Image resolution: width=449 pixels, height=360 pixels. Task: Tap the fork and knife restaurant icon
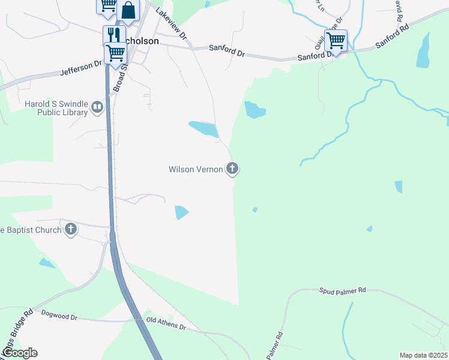112,35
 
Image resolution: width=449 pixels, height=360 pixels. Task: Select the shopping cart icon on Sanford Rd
336,40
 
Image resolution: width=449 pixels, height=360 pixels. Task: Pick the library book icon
96,108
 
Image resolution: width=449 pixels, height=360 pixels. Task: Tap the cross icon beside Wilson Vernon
232,169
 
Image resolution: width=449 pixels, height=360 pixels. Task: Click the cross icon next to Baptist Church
71,229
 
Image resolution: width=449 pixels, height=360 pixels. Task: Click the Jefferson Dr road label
82,68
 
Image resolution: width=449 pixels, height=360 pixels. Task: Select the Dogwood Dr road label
59,314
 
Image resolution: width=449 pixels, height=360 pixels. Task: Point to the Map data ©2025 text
423,355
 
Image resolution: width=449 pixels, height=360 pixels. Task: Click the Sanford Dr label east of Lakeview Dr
227,51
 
